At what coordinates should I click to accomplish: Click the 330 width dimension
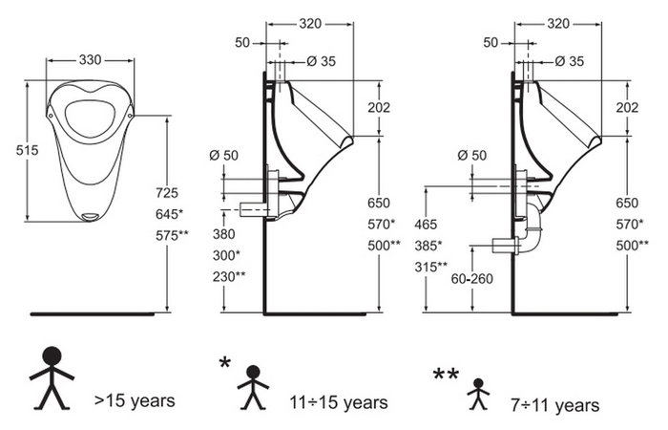(x=91, y=59)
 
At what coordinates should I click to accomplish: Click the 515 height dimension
(x=28, y=150)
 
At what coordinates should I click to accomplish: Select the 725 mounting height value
(x=167, y=193)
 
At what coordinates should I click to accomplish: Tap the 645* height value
(x=169, y=214)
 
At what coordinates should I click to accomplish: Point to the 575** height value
(x=172, y=235)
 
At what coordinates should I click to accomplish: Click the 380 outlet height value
(x=223, y=234)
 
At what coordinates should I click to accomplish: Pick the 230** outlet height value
(x=229, y=276)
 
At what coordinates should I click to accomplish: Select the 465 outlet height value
(x=426, y=224)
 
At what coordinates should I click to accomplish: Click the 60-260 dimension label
(x=471, y=279)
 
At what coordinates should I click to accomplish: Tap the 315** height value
(x=430, y=267)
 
